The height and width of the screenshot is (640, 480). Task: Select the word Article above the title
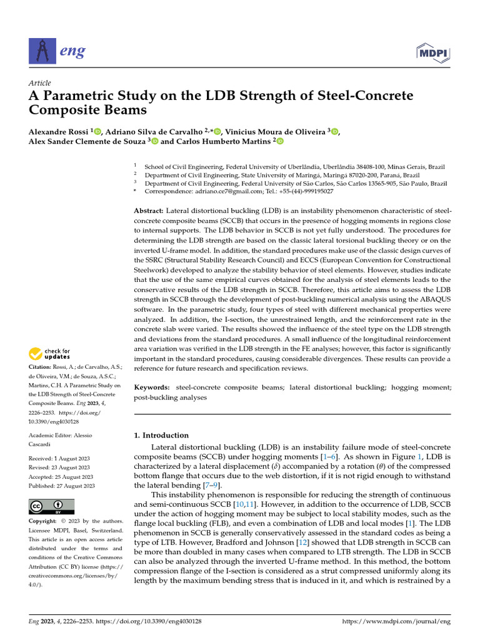pyautogui.click(x=39, y=83)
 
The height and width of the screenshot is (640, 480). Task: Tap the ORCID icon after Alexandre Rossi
pyautogui.click(x=97, y=131)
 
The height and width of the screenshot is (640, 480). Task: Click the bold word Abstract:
pyautogui.click(x=149, y=211)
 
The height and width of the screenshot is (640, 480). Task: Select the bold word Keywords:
pyautogui.click(x=152, y=388)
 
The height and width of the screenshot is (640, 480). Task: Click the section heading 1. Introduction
pyautogui.click(x=162, y=435)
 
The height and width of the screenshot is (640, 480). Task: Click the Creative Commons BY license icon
pyautogui.click(x=52, y=506)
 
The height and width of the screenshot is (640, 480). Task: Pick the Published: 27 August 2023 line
pyautogui.click(x=62, y=486)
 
